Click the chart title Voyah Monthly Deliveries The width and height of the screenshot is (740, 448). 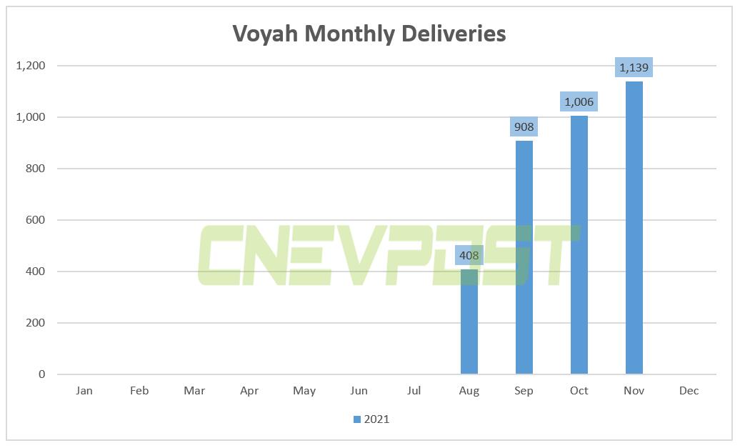[369, 34]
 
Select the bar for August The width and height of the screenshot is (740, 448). [469, 322]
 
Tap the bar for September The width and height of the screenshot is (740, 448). [524, 257]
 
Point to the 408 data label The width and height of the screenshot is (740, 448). [469, 254]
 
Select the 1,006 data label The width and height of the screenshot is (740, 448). [579, 101]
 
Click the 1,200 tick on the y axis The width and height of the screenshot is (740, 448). [30, 66]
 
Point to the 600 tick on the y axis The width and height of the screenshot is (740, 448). [36, 220]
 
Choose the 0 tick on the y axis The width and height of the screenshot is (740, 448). [41, 374]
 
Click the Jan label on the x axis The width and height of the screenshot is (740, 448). [84, 391]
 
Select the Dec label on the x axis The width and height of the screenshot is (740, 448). [689, 391]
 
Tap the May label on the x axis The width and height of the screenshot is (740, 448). [304, 391]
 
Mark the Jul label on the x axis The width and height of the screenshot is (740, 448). [414, 391]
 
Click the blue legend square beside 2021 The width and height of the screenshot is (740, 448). [357, 419]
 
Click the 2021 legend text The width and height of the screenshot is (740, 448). [377, 419]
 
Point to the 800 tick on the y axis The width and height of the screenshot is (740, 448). [36, 169]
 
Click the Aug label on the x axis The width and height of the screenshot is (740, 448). [469, 391]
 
